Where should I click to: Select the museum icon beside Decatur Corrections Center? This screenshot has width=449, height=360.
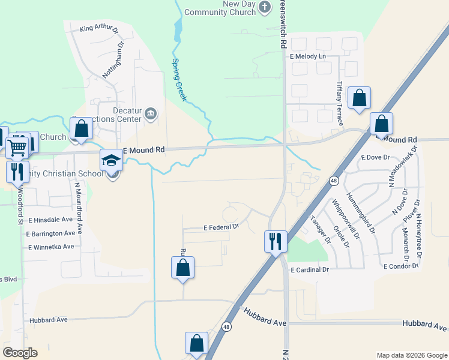click(152, 113)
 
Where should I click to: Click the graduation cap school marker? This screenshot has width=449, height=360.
click(111, 160)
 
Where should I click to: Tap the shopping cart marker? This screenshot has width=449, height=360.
click(17, 146)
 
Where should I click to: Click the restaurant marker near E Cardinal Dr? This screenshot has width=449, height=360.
click(275, 241)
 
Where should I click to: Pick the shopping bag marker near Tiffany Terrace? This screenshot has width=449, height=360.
click(359, 98)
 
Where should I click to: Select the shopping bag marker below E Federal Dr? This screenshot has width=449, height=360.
click(183, 268)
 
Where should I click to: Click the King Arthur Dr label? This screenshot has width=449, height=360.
click(100, 28)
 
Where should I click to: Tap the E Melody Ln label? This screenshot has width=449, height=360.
click(307, 56)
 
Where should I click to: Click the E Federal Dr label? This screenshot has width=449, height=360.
click(221, 227)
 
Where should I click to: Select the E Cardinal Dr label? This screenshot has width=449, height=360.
click(310, 270)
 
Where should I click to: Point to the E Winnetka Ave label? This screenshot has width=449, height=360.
click(51, 247)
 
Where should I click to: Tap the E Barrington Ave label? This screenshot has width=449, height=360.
click(52, 233)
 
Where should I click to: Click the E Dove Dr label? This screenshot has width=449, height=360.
click(375, 157)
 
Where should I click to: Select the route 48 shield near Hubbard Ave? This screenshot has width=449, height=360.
click(226, 327)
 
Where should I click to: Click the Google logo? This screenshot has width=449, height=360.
click(20, 353)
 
